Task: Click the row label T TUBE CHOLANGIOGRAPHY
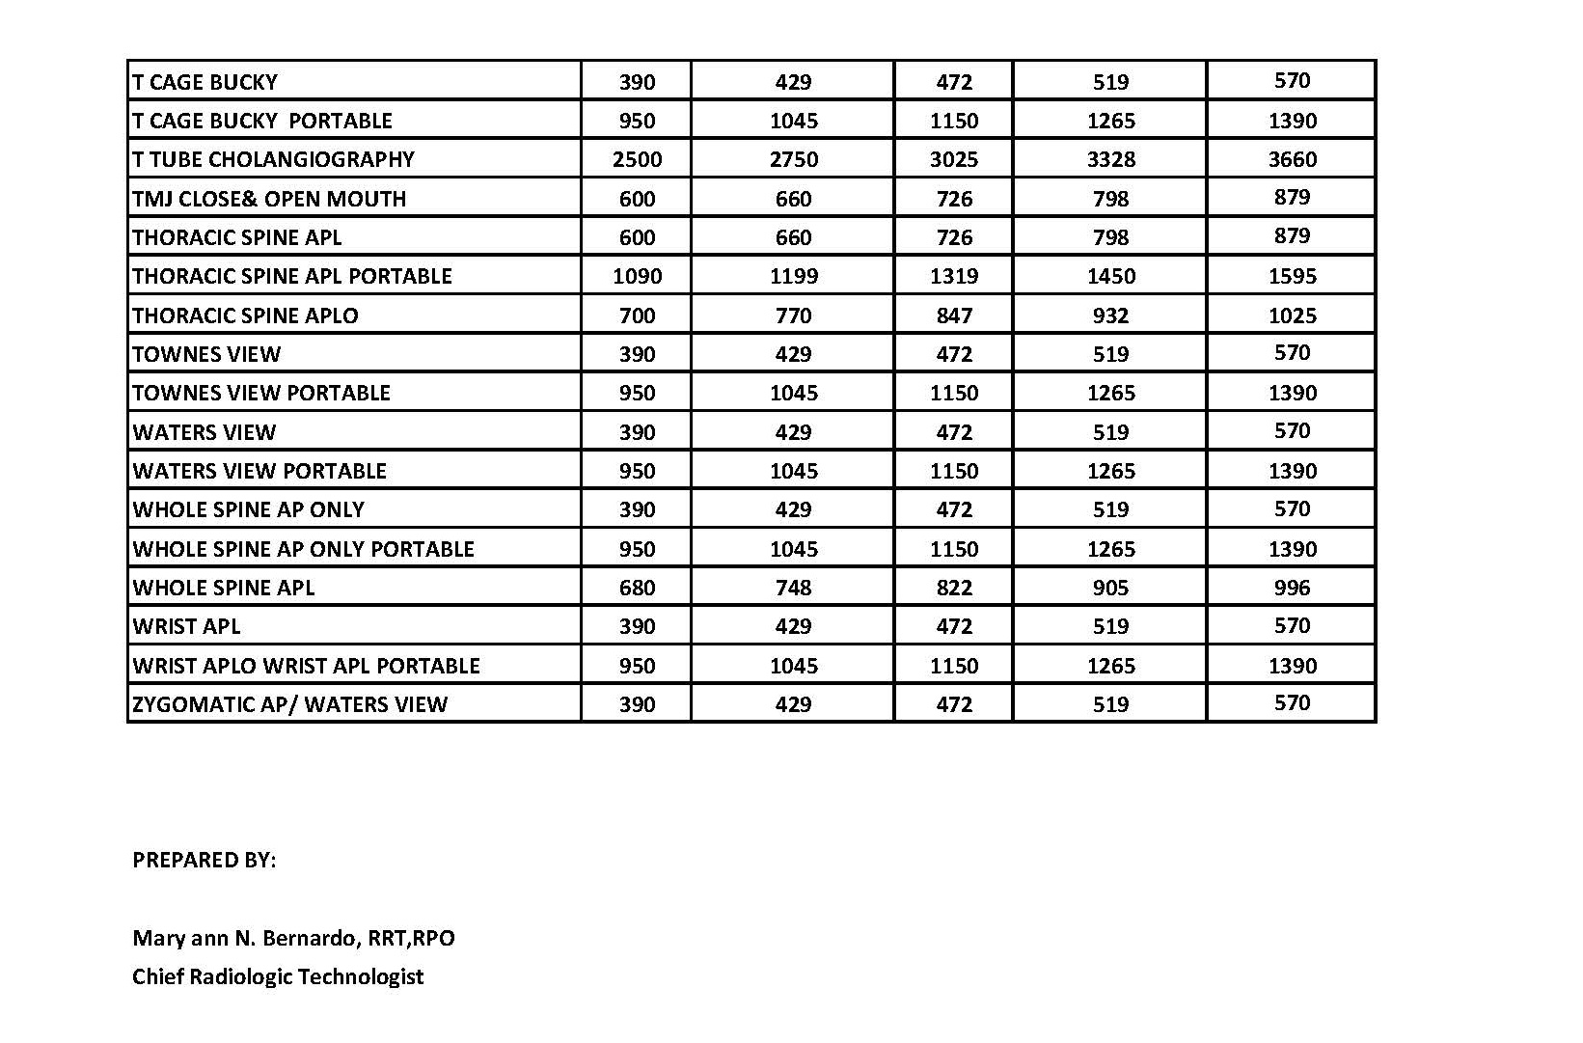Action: point(273,159)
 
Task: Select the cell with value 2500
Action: point(637,159)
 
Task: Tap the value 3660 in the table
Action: point(1292,159)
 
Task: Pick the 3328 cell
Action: point(1110,159)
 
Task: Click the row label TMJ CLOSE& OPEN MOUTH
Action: point(269,199)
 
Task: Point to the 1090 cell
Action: point(637,276)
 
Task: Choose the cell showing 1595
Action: point(1292,276)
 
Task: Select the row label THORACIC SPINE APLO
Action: point(245,316)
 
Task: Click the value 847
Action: point(953,316)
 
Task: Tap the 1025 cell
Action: point(1292,316)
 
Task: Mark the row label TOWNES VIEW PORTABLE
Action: point(261,393)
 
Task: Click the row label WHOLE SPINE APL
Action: point(224,588)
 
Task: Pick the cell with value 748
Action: point(793,588)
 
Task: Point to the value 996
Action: point(1292,588)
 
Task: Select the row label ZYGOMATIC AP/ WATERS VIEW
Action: point(289,704)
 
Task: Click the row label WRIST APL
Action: point(186,626)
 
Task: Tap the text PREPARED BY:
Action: point(204,860)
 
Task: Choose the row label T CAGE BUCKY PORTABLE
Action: point(262,121)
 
